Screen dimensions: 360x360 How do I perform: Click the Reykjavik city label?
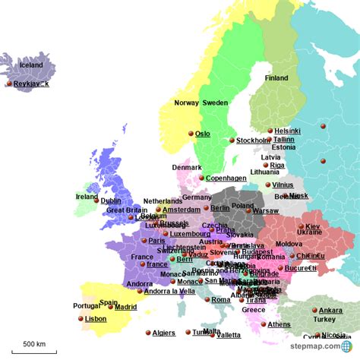[x=31, y=84]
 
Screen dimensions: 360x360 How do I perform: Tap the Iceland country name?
[x=31, y=65]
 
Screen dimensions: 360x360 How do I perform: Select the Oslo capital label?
[x=203, y=134]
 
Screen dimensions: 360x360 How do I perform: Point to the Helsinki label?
[x=288, y=131]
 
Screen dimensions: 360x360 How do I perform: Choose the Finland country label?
[x=276, y=77]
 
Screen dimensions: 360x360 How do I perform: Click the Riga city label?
[x=277, y=165]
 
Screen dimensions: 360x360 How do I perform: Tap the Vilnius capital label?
[x=283, y=185]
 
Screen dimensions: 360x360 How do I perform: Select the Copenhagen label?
[x=226, y=178]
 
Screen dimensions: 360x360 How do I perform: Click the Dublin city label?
[x=111, y=201]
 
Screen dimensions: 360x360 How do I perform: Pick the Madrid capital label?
[x=126, y=307]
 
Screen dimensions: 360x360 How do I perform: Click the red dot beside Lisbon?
[x=81, y=319]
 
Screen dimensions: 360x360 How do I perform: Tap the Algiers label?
[x=163, y=333]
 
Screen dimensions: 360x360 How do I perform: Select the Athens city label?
[x=279, y=324]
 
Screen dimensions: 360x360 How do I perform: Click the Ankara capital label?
[x=330, y=310]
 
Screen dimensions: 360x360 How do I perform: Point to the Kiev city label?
[x=313, y=226]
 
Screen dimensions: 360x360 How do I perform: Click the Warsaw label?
[x=266, y=210]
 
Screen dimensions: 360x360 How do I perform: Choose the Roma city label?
[x=221, y=300]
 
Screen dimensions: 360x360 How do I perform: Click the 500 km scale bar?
[x=34, y=350]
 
